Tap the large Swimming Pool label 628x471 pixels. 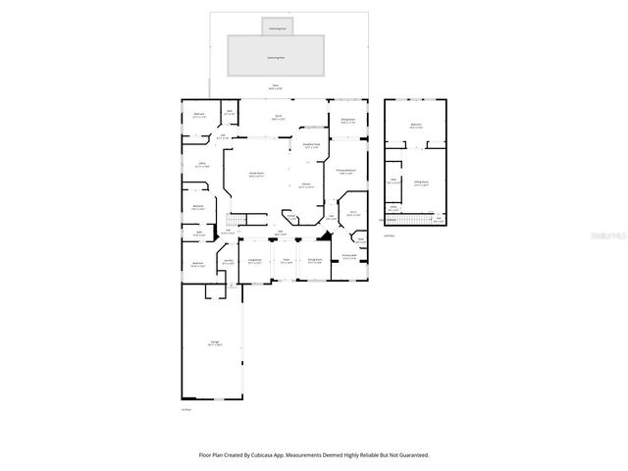276,57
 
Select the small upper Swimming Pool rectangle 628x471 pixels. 277,28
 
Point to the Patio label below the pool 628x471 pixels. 276,88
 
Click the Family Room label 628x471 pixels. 257,175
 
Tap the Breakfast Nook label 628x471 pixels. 311,146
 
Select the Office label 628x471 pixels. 202,164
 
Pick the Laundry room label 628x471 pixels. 228,262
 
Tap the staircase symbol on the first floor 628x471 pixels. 235,219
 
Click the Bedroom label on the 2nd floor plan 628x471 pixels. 416,126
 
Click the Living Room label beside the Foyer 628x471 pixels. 255,261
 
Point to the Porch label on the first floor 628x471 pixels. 278,117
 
